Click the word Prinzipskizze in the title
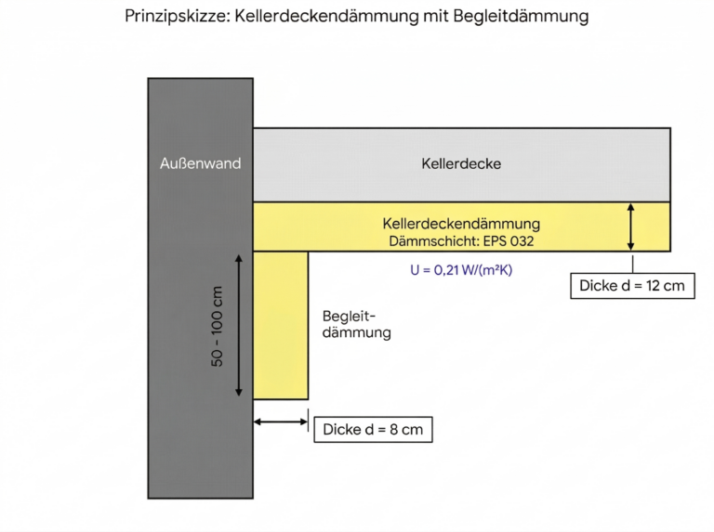click(178, 17)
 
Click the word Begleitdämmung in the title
click(521, 17)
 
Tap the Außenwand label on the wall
click(201, 163)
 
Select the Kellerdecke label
click(461, 163)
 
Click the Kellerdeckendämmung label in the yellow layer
click(461, 224)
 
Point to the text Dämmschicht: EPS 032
click(461, 241)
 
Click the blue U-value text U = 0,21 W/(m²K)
click(461, 270)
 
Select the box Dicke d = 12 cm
click(632, 286)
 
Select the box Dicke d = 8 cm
click(373, 429)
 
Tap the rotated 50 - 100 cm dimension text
click(218, 327)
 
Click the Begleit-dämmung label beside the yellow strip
click(357, 324)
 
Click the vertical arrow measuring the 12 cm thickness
click(630, 227)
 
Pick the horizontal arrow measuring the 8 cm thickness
click(281, 422)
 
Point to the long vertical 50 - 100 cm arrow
click(239, 326)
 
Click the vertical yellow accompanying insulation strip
click(281, 326)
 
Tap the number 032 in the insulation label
click(522, 241)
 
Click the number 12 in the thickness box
click(653, 286)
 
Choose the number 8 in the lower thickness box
click(394, 429)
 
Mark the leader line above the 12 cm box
click(632, 265)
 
